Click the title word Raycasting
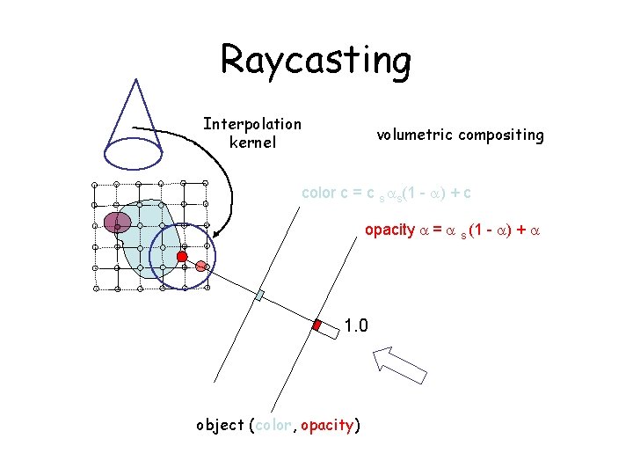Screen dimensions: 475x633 [316, 61]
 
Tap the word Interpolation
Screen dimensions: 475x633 [252, 124]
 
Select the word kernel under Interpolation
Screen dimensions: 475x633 [252, 142]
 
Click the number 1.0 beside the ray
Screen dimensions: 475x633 [356, 326]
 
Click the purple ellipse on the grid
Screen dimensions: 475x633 [117, 222]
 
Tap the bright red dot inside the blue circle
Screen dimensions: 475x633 [182, 256]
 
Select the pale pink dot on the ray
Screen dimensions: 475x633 [200, 266]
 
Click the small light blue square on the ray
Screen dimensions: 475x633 [259, 296]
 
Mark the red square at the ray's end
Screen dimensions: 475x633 [317, 325]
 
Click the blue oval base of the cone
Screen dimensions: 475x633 [133, 150]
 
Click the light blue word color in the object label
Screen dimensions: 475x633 [275, 426]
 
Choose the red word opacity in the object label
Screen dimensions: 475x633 [326, 426]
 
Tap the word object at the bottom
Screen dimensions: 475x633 [220, 426]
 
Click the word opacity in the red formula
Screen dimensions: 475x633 [389, 230]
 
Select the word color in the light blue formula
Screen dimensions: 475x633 [318, 192]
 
